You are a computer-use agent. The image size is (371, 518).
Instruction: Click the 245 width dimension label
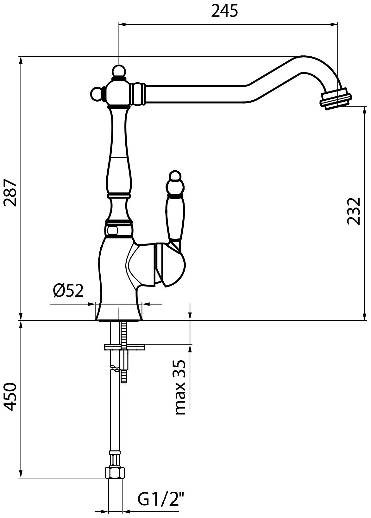[224, 11]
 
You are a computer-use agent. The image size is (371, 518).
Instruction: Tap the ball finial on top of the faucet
[119, 71]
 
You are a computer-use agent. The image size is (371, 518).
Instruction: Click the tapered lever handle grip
[175, 218]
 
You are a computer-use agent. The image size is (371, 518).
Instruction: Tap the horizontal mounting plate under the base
[124, 347]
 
